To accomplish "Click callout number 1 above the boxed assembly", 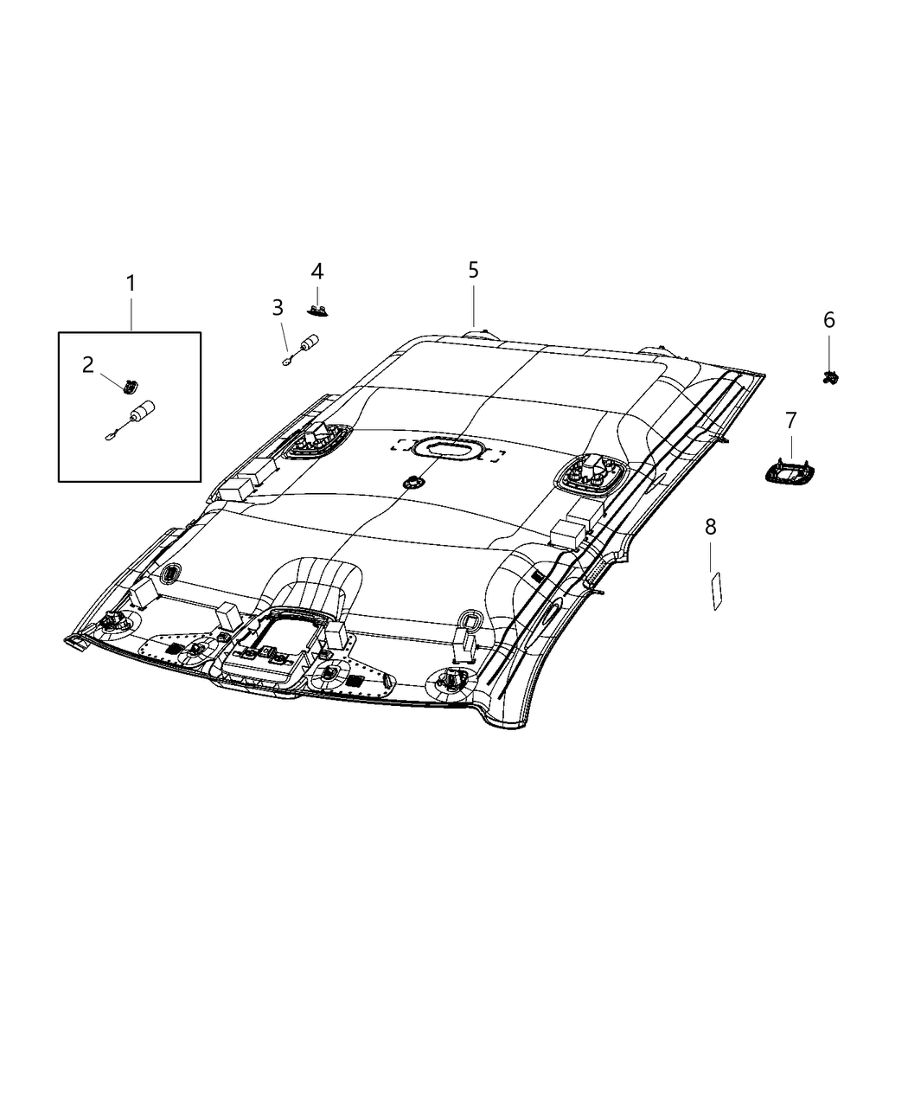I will pos(131,284).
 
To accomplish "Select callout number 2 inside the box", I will pos(88,364).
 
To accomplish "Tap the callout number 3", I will pos(277,308).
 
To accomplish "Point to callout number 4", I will pos(317,271).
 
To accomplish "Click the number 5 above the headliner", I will pos(473,270).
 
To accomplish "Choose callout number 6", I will pos(828,320).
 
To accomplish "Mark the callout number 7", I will pos(790,421).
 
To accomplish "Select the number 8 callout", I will pos(710,526).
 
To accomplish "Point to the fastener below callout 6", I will pos(829,376).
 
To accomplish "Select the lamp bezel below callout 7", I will pos(790,472).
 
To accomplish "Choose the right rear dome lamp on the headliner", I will pos(591,472).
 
